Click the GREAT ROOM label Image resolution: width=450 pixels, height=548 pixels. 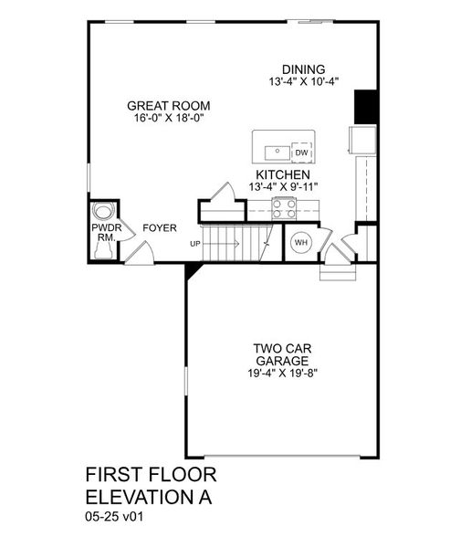click(162, 106)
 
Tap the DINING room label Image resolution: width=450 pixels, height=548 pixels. click(303, 68)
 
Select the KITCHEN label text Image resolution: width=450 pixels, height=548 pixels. click(282, 174)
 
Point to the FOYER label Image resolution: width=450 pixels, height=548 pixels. click(159, 227)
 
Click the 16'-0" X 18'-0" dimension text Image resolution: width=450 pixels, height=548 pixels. click(162, 119)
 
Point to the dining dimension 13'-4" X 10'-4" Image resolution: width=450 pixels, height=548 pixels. click(303, 81)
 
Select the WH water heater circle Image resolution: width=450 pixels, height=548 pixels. click(300, 243)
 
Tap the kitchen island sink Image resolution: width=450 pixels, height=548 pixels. click(274, 152)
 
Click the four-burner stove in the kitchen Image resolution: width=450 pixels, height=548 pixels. click(285, 209)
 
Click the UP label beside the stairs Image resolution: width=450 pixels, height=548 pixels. click(195, 244)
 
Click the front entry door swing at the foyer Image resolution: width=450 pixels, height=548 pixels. click(139, 252)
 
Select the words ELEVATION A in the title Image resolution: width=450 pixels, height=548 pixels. click(152, 497)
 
